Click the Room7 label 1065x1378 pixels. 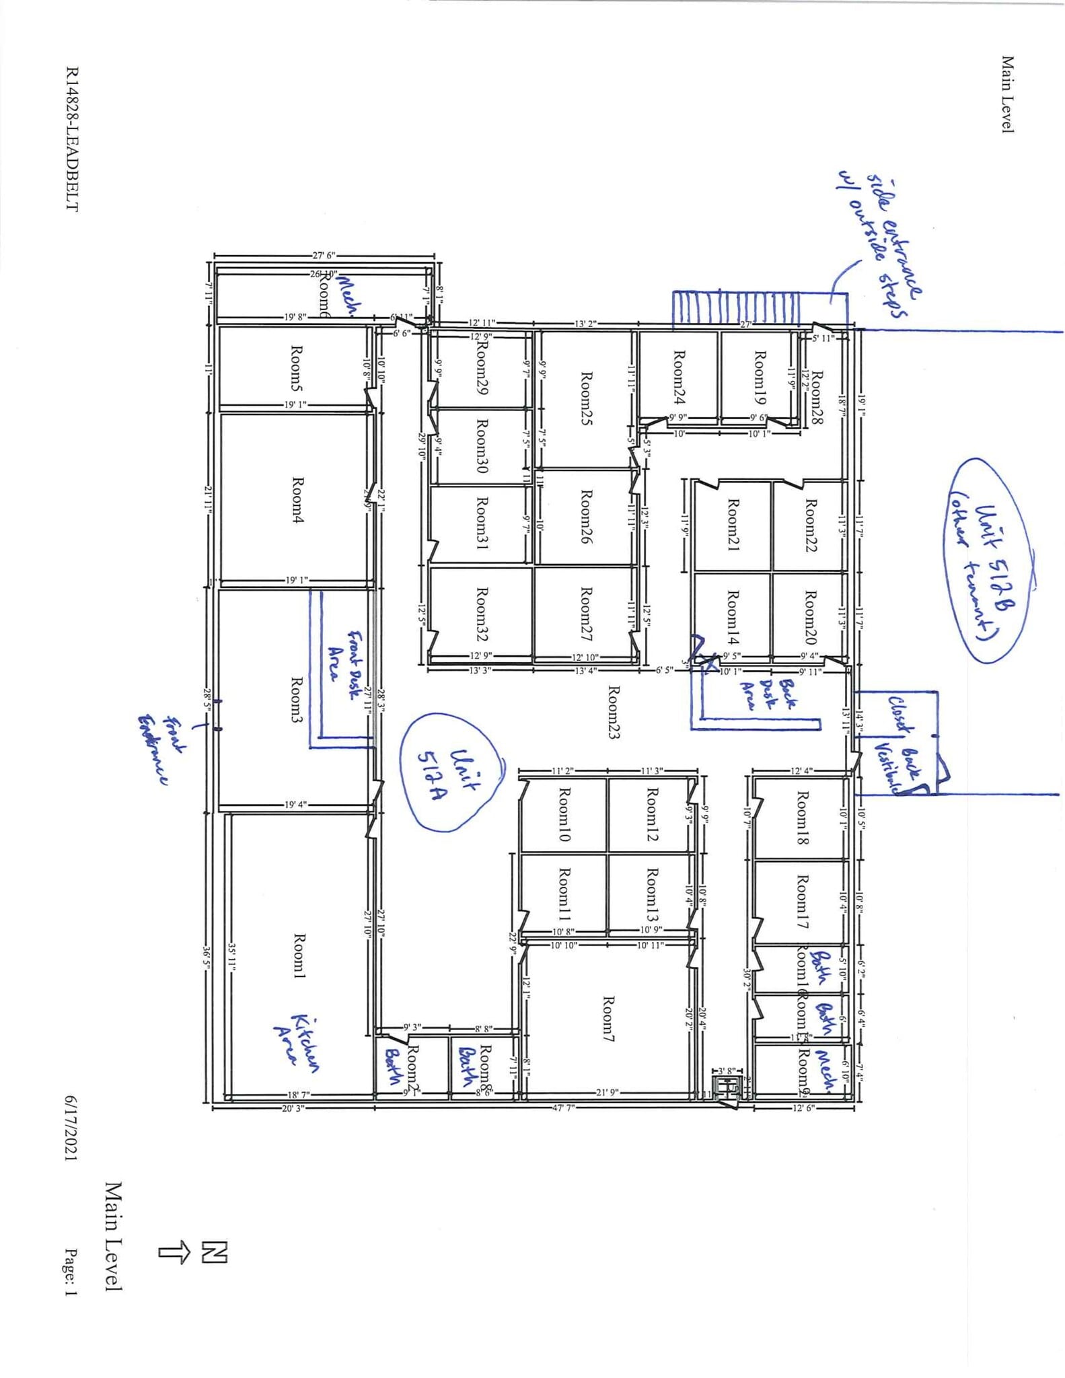tap(608, 1019)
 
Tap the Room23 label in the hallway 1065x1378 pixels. tap(613, 712)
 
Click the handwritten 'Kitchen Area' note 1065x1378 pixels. tap(296, 1040)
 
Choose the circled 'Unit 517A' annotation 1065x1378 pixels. tap(451, 774)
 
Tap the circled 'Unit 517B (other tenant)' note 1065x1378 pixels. tap(988, 560)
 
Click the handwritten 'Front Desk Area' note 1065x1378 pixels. tap(343, 656)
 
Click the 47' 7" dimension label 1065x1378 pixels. tap(563, 1108)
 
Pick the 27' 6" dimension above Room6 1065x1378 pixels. tap(324, 256)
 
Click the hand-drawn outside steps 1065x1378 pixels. tap(737, 309)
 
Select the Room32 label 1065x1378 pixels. tap(482, 614)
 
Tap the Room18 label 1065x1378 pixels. tap(802, 818)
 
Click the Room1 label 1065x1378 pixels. tap(299, 956)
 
